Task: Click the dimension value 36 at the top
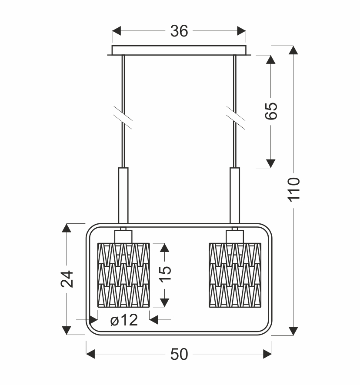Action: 179,31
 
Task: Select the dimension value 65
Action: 271,111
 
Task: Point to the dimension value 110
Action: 294,189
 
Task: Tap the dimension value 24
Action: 67,279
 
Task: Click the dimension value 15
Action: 165,274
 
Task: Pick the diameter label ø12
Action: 124,320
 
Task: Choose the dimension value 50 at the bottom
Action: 179,354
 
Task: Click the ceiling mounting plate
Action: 179,50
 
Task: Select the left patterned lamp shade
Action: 123,275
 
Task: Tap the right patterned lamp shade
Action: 235,275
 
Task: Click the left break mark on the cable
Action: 123,118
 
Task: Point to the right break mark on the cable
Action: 235,118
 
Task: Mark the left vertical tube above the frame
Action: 123,196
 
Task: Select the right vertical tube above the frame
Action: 235,196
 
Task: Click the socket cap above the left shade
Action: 123,236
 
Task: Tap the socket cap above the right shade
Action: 235,236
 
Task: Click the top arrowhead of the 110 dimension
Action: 293,50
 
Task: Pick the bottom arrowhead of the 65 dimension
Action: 270,163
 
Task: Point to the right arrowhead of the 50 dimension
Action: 267,354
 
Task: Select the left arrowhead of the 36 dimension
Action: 117,31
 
